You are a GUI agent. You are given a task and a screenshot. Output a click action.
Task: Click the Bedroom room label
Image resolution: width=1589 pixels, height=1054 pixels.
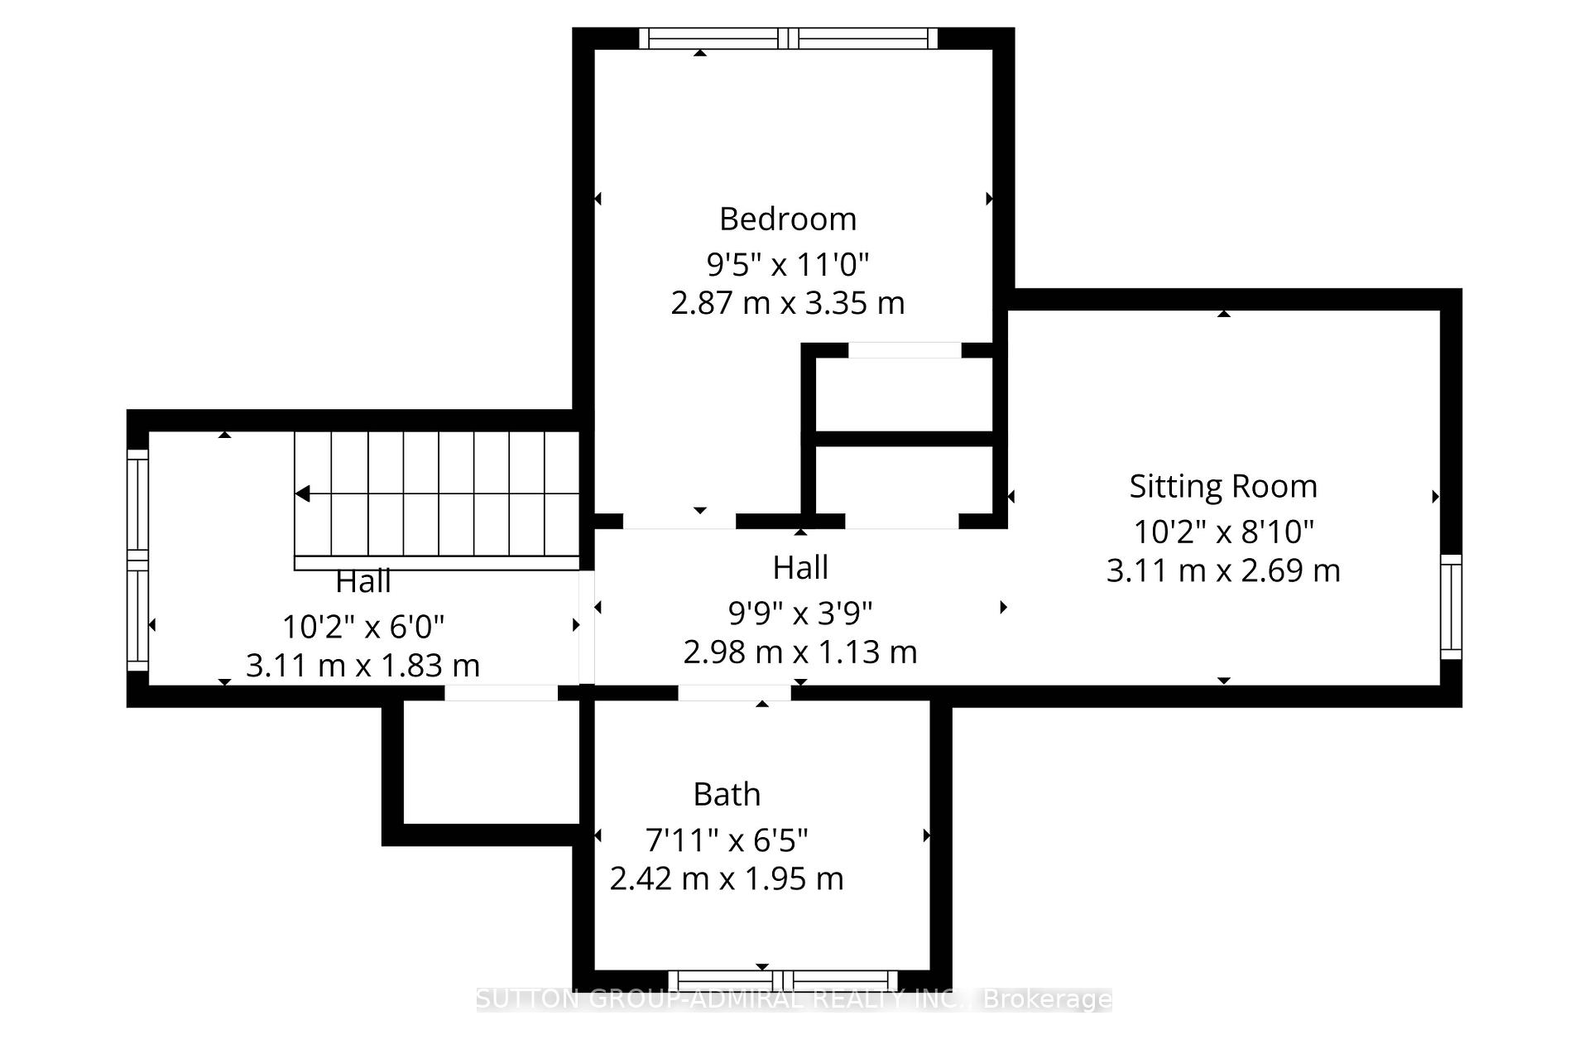tap(787, 219)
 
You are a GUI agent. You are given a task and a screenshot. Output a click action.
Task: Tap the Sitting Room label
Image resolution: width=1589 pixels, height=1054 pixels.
tap(1222, 486)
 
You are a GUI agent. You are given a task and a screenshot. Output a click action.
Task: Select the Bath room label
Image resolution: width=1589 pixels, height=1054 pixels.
tap(726, 795)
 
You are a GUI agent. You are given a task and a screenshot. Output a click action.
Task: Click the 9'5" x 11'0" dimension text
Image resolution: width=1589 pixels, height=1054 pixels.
tap(787, 265)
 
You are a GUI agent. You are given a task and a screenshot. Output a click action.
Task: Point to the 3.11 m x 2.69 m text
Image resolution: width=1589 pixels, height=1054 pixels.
tap(1222, 571)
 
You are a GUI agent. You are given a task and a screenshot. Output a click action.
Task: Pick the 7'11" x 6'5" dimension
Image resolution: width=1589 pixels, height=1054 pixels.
tap(726, 840)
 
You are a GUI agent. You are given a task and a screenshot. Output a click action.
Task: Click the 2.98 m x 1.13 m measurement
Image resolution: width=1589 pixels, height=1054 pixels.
tap(799, 652)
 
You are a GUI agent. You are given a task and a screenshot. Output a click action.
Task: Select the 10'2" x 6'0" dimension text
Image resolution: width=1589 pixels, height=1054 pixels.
tap(362, 627)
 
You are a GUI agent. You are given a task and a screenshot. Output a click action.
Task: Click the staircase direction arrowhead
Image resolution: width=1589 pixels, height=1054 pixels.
tap(303, 494)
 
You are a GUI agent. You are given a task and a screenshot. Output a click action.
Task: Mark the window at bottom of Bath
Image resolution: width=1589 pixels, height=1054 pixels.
tap(782, 980)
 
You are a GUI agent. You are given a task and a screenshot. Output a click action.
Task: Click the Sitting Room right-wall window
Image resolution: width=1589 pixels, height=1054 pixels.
tap(1451, 607)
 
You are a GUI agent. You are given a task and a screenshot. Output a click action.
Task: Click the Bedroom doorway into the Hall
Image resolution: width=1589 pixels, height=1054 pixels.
tap(679, 521)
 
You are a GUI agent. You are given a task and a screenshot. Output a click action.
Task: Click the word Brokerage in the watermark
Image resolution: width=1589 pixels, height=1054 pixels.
tap(1046, 999)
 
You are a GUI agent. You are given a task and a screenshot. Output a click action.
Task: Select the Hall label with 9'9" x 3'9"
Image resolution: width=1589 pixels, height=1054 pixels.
tap(799, 568)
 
